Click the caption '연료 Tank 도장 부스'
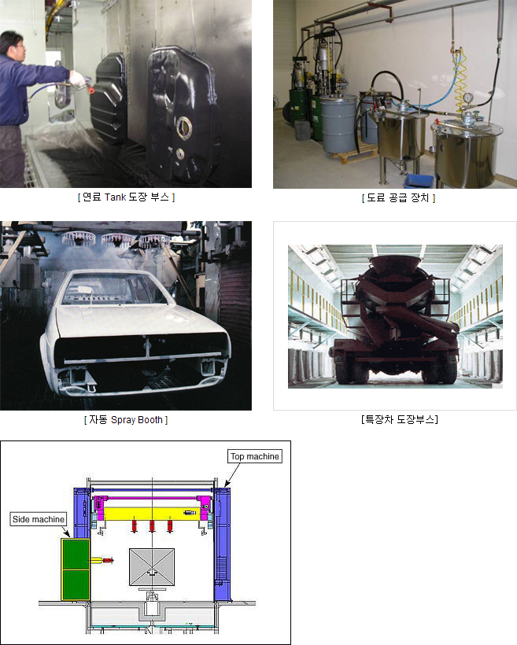tap(126, 197)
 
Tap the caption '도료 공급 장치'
tap(398, 198)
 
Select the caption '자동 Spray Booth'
tap(126, 420)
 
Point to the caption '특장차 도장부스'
tap(399, 419)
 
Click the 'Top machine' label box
tap(255, 456)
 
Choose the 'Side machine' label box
tap(39, 519)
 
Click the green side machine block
tap(76, 569)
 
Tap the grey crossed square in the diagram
tap(152, 567)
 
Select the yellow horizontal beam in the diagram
tap(152, 514)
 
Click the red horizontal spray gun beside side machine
tap(107, 560)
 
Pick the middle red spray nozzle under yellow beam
tap(152, 525)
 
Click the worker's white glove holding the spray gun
tap(78, 78)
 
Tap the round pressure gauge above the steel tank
tap(467, 98)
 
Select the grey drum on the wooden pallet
tap(339, 123)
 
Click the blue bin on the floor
tap(419, 182)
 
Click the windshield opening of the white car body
tap(114, 290)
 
